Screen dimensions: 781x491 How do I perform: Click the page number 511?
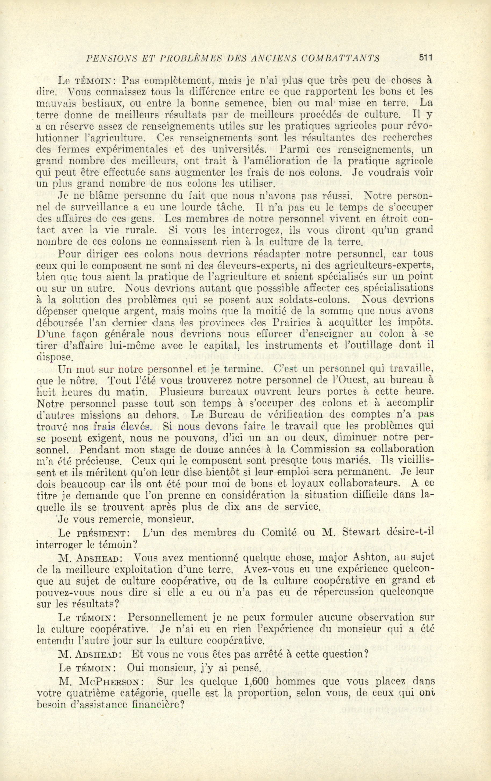426,58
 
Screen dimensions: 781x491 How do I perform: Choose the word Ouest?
352,380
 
